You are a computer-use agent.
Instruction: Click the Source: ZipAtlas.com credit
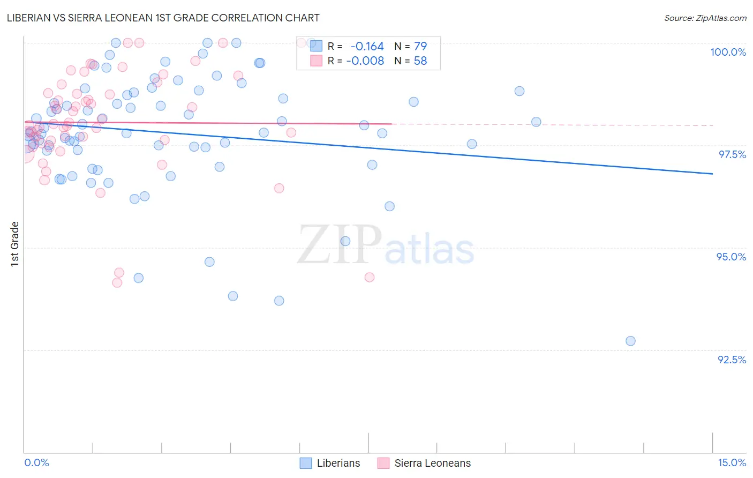click(x=705, y=18)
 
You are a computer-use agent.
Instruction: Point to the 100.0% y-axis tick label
click(x=728, y=52)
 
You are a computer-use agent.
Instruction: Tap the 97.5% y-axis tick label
click(x=732, y=154)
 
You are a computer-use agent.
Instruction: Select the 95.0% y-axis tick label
click(x=731, y=257)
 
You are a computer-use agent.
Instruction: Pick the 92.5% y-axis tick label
click(x=732, y=360)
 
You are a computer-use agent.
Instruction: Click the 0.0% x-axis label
click(x=36, y=462)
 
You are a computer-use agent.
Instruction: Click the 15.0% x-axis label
click(x=732, y=462)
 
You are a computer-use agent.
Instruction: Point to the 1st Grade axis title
click(x=15, y=244)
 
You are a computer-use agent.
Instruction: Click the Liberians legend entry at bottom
click(x=338, y=463)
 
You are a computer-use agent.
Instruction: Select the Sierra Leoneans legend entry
click(x=432, y=463)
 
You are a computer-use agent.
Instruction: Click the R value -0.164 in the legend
click(x=367, y=47)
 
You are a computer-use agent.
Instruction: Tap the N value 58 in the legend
click(x=420, y=61)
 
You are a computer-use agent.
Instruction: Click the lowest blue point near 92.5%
click(x=630, y=341)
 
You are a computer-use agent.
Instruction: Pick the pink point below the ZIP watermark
click(x=370, y=277)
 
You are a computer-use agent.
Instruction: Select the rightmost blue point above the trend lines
click(x=536, y=122)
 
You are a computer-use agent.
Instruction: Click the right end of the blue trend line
click(x=712, y=174)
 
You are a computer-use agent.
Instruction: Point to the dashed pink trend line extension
click(x=552, y=124)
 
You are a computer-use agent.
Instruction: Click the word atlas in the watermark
click(x=430, y=249)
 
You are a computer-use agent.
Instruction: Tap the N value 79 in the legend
click(x=420, y=47)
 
